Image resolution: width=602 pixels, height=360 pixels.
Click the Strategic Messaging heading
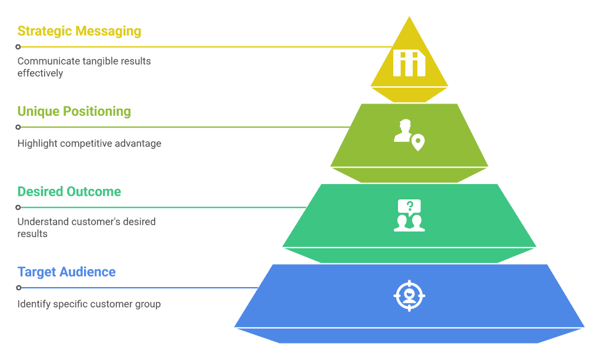point(79,31)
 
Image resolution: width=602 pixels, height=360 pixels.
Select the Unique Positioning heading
point(74,111)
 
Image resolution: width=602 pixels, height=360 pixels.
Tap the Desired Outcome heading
point(69,191)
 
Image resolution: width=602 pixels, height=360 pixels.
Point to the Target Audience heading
point(66,272)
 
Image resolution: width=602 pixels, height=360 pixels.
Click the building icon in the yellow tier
point(409,63)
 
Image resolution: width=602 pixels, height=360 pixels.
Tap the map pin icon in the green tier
point(418,142)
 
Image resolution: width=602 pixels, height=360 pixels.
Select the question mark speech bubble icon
point(409,206)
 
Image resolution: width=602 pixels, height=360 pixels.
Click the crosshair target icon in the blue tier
point(409,295)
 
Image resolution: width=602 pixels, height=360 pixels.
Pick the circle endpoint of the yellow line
point(18,47)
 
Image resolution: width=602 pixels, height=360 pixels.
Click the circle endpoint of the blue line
point(18,288)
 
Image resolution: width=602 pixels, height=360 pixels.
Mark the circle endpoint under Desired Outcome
point(18,208)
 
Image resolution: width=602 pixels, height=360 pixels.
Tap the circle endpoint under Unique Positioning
point(18,127)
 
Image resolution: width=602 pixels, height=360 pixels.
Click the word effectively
point(41,74)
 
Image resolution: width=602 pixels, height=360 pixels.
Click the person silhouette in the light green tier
point(403,131)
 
